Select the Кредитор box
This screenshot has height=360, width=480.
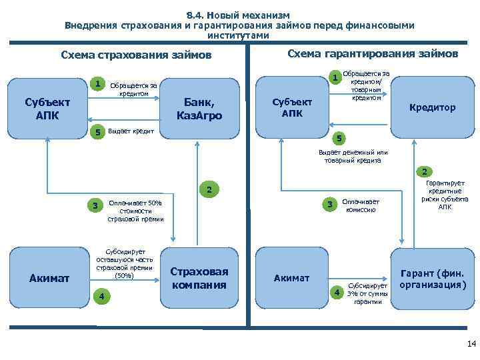(x=432, y=107)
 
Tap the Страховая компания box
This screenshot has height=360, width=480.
(x=199, y=278)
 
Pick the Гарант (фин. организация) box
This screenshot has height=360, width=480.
(x=432, y=279)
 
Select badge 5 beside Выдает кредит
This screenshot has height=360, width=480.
(x=98, y=132)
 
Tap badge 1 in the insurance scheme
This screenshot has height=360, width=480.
(x=98, y=85)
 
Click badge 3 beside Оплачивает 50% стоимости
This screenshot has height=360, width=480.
(x=95, y=205)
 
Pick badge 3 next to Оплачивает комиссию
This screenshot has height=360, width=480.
(x=327, y=205)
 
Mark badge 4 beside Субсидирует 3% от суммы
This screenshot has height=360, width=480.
(x=337, y=292)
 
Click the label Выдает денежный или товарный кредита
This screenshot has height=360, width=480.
(x=353, y=155)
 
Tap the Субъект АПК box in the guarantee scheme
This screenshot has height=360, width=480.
(x=292, y=107)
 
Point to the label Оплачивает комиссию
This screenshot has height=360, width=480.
(x=360, y=205)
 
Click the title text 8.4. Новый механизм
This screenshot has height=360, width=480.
(x=239, y=15)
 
